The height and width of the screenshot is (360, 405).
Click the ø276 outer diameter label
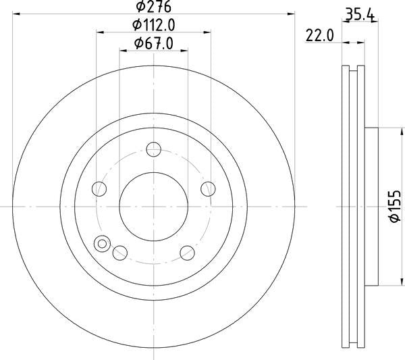153,7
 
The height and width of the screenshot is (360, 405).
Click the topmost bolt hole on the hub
154,149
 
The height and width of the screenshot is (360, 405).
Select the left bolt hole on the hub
100,188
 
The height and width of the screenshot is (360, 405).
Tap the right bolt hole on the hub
208,188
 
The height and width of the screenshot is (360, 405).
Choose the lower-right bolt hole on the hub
187,253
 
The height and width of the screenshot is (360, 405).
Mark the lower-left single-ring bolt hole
120,253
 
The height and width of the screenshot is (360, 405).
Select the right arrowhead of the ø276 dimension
292,14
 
